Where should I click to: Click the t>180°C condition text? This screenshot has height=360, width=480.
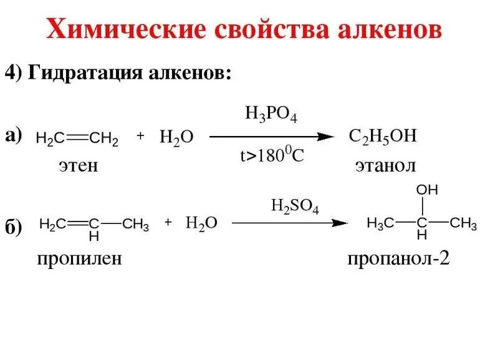(272, 156)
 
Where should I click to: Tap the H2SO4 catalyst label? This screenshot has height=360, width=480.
(294, 206)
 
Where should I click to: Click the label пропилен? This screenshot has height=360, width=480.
(79, 258)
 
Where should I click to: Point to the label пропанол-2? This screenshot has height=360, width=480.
(398, 258)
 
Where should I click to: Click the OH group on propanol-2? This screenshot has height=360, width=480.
(428, 189)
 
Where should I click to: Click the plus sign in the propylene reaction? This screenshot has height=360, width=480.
(168, 222)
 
